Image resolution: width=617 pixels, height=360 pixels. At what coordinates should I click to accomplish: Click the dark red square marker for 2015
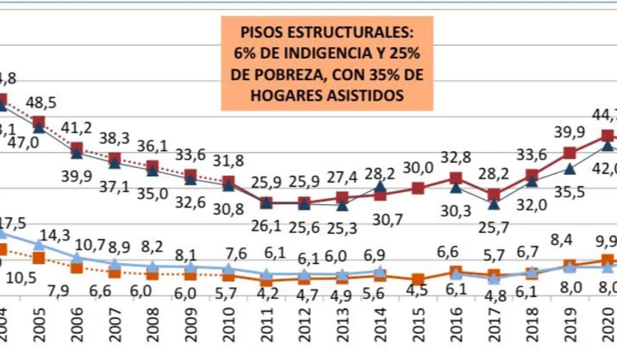418,189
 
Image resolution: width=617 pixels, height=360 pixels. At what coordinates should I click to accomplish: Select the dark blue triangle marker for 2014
380,186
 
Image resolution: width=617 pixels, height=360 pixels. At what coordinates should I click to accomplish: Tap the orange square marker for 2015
418,280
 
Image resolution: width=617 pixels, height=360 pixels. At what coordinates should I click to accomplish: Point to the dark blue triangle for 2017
494,204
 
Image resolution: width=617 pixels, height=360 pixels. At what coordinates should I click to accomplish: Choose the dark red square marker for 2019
569,153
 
